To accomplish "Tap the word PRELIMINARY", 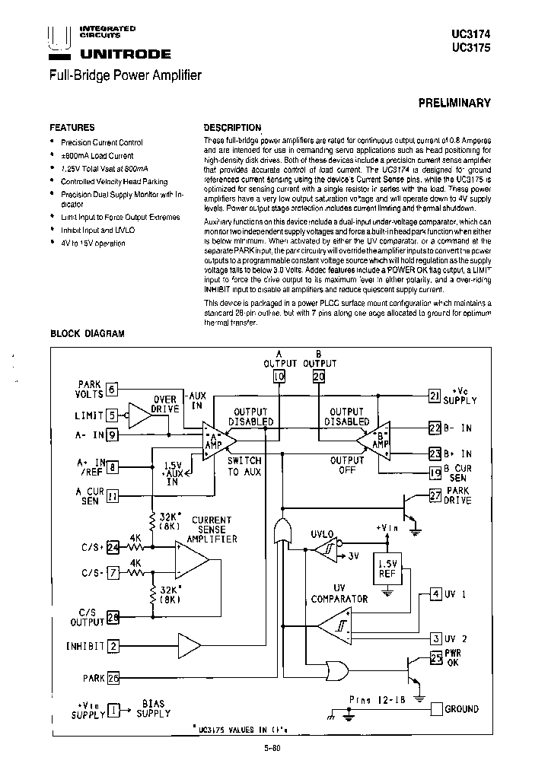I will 454,103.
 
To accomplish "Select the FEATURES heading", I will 72,128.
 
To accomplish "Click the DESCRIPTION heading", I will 232,128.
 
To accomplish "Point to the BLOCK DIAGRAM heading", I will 87,333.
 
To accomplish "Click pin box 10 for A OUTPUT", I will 279,377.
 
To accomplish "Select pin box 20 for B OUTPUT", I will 319,377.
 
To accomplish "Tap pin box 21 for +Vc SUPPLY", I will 435,396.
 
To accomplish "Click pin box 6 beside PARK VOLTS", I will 112,389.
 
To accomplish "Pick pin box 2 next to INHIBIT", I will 113,646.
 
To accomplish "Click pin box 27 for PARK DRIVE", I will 435,496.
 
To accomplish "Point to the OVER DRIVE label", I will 165,404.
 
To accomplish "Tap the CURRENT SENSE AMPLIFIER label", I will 212,529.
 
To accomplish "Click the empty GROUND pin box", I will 435,708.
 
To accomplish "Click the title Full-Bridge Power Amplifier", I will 125,75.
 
